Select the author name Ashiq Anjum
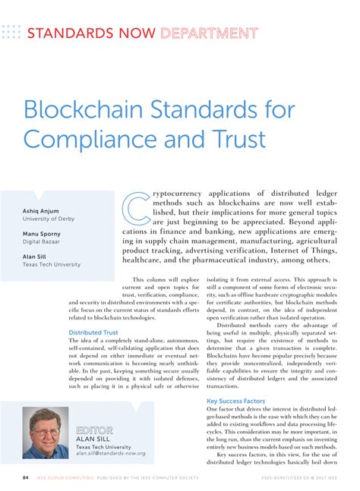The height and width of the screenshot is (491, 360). [41, 210]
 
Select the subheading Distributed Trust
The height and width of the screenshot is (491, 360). [93, 332]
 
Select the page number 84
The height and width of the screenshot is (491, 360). [26, 478]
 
